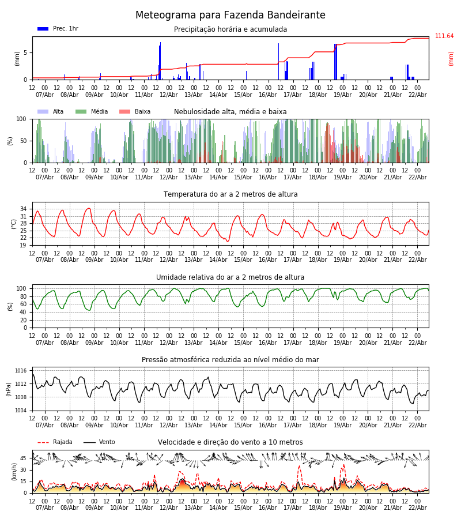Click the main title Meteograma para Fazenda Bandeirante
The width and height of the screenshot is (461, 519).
[231, 16]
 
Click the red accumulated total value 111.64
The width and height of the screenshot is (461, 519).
[444, 36]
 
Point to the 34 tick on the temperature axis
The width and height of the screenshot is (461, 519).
[23, 209]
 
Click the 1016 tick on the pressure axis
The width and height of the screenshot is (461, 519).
[21, 371]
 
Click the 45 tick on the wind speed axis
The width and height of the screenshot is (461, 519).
[23, 458]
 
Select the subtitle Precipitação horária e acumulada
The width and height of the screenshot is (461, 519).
[231, 29]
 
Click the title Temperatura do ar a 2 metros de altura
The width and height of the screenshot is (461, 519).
[231, 194]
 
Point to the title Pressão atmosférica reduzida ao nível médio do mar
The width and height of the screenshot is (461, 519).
[231, 360]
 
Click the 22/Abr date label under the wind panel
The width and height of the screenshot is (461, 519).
[417, 508]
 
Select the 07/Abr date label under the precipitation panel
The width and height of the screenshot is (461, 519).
[45, 95]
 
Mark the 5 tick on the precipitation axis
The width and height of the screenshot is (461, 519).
[25, 52]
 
